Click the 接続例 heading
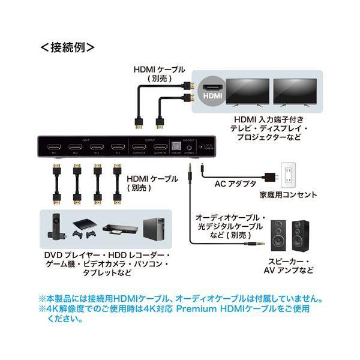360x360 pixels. (67, 46)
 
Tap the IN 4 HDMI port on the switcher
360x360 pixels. (116, 148)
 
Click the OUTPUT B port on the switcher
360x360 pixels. (159, 148)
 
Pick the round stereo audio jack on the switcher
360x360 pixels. (190, 148)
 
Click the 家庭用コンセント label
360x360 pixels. (289, 195)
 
